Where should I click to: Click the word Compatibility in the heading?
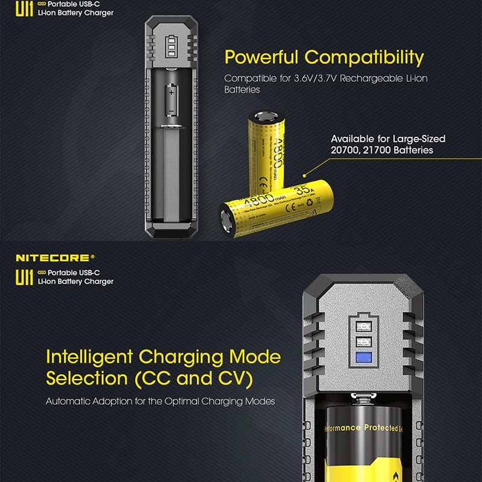click(x=365, y=58)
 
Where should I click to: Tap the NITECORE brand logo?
click(x=54, y=257)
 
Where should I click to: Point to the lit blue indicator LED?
click(x=363, y=358)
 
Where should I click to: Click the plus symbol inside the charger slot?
click(x=172, y=93)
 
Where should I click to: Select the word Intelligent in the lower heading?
click(x=91, y=357)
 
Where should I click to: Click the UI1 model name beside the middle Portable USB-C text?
click(x=24, y=277)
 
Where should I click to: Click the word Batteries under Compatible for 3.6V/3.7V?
click(x=242, y=89)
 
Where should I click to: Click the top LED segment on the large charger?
click(x=363, y=326)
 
